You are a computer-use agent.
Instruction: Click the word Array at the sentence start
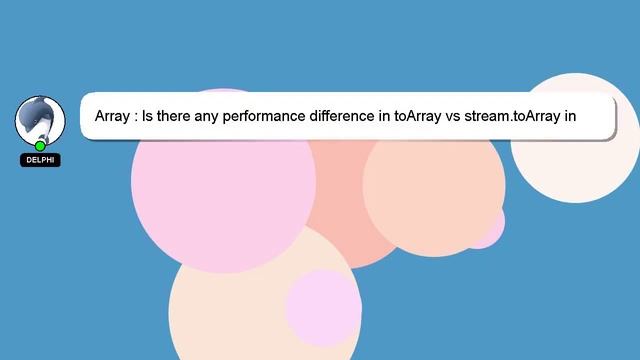click(113, 117)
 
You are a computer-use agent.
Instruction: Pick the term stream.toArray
click(513, 117)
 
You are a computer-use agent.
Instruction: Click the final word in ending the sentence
click(571, 117)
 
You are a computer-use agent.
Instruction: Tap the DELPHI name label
click(40, 160)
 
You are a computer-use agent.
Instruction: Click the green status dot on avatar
click(40, 146)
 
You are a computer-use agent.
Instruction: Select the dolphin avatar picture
click(39, 120)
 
